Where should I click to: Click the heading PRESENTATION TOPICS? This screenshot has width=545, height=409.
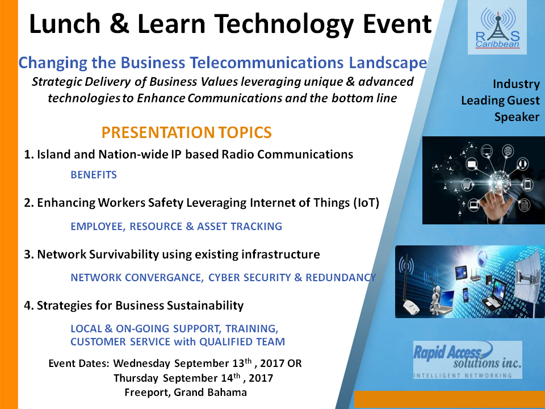[186, 133]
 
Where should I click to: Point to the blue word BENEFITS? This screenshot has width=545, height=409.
[94, 175]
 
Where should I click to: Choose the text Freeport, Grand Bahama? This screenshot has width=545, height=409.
[185, 393]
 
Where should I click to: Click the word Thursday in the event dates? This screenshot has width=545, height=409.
[137, 378]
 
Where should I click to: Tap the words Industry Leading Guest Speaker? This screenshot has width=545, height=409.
[500, 101]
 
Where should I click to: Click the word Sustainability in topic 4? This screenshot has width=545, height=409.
[204, 306]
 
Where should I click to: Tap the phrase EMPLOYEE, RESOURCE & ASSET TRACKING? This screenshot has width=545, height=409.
[176, 227]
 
